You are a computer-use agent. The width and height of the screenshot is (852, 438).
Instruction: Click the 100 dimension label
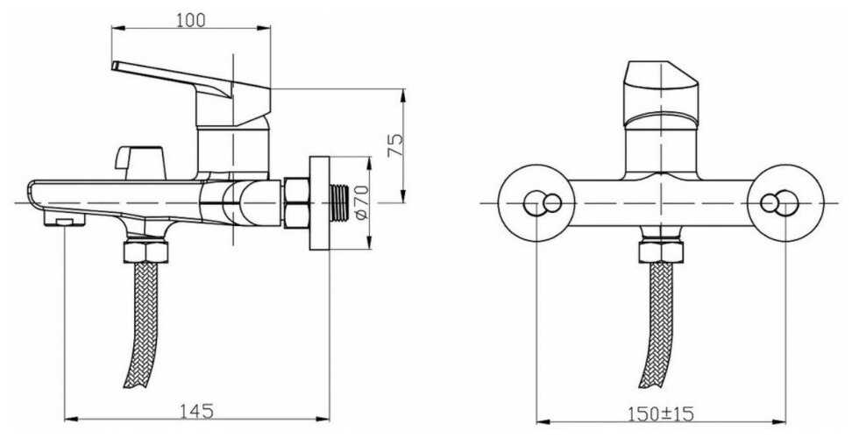coord(191,20)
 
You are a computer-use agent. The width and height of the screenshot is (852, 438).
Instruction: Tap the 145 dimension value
coord(196,411)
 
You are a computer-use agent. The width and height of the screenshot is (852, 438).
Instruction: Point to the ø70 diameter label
coord(362,202)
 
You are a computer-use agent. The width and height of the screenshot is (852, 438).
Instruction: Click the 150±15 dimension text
coord(661,414)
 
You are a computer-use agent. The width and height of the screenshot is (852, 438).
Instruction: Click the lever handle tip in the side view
coord(114,65)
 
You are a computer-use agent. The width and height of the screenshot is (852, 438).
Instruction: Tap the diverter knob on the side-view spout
coord(139,162)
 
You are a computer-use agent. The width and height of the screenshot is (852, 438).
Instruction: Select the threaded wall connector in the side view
coord(340,202)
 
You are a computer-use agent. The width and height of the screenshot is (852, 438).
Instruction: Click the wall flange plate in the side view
coord(319,203)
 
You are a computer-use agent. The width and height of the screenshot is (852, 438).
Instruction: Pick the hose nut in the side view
coord(146,251)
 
